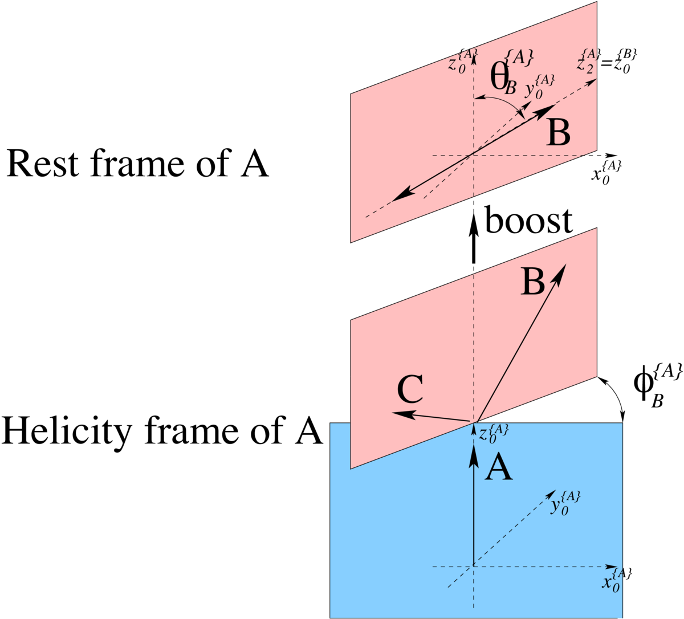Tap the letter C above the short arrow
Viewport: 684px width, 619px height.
click(410, 390)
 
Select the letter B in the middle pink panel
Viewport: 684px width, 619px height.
click(533, 282)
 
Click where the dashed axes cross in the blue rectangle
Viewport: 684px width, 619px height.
click(473, 567)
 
